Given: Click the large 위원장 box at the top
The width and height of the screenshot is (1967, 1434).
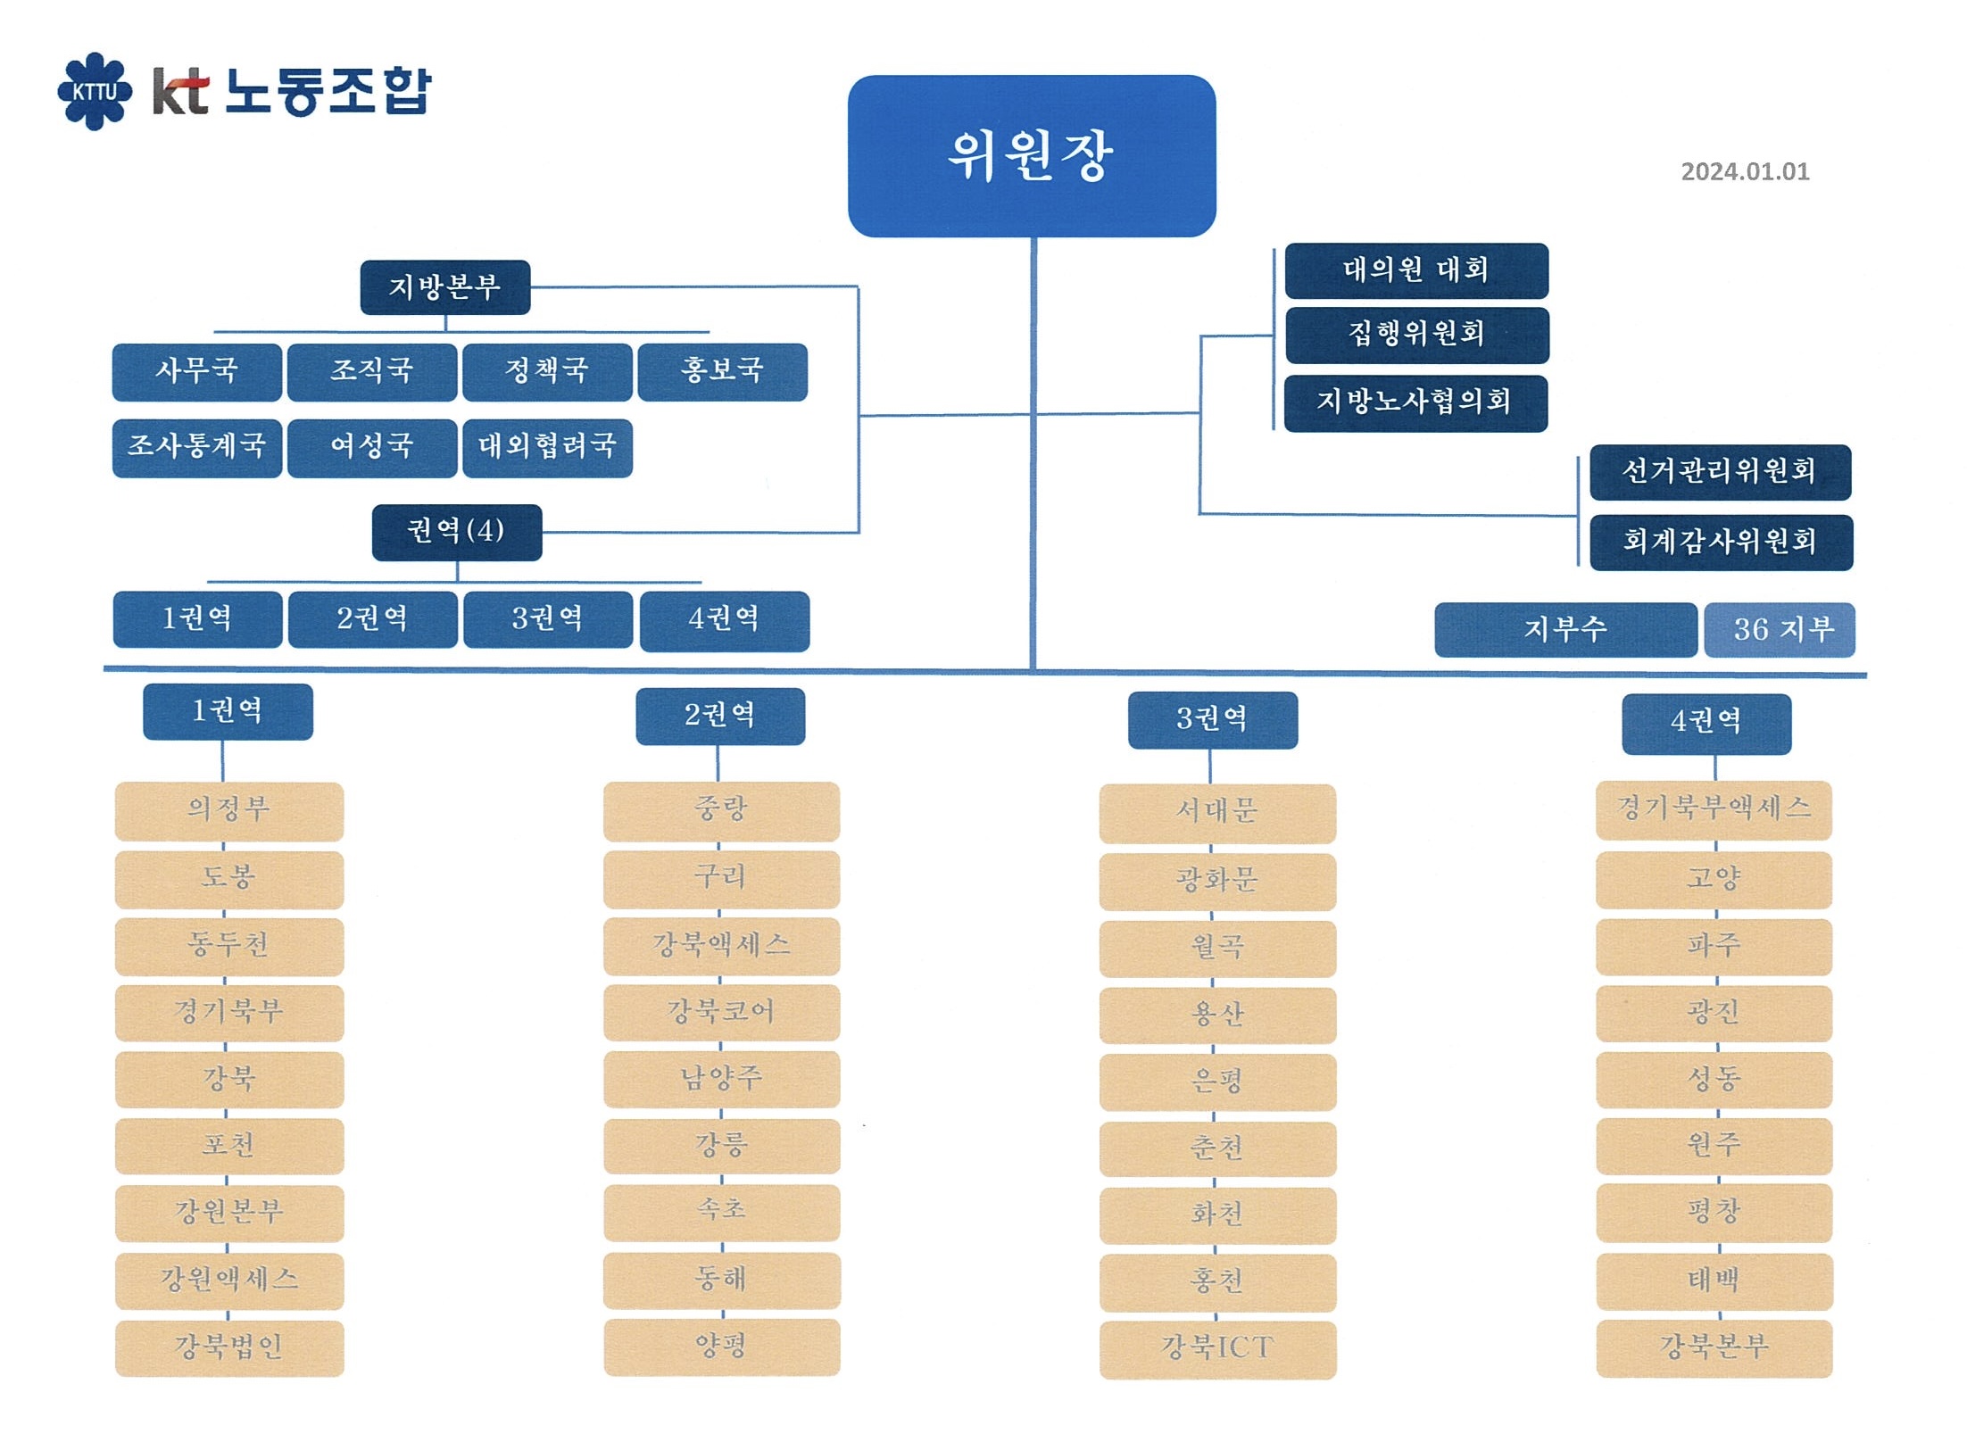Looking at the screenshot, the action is point(1032,156).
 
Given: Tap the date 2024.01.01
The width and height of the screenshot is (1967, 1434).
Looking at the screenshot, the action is point(1745,171).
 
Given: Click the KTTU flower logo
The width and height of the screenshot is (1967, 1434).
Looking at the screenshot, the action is point(95,91).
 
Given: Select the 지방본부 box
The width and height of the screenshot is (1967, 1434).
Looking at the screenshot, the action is point(445,287).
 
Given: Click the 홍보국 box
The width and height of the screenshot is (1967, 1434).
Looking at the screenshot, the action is point(723,372).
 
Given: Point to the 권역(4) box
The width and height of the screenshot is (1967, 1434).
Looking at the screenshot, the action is point(457,533).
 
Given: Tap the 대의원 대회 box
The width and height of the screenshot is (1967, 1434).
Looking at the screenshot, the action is point(1416,270).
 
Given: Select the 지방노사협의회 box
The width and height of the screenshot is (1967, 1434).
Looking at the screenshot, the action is point(1415,403).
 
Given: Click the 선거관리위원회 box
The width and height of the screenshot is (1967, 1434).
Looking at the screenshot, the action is point(1721,472).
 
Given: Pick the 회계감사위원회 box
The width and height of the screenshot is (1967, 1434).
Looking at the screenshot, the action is point(1722,543).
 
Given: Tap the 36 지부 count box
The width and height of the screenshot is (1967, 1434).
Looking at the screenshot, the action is point(1780,630).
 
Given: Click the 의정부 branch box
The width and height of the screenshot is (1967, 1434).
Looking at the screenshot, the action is point(229,811).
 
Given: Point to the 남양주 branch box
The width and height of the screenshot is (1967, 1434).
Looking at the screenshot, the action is point(721,1080).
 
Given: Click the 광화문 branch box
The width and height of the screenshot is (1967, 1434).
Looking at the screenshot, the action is point(1217,882).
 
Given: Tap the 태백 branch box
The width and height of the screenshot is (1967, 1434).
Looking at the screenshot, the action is point(1714,1281).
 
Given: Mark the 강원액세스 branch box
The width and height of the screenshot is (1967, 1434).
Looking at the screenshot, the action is point(229,1281).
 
